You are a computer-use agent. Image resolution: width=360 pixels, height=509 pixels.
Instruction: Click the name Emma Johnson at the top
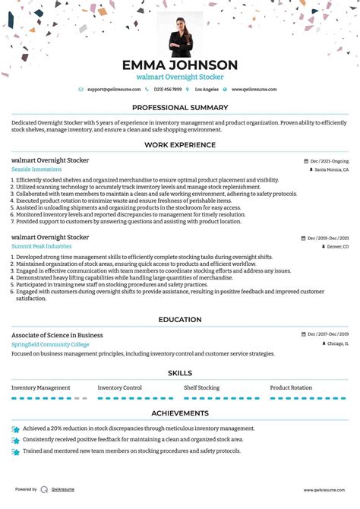(180, 65)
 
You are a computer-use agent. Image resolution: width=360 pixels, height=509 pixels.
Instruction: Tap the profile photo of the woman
(180, 34)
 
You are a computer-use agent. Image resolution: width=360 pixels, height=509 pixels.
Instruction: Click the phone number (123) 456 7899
(167, 90)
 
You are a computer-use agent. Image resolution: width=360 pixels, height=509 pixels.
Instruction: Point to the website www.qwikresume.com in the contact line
(254, 90)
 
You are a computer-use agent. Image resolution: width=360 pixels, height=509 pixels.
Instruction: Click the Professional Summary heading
(180, 108)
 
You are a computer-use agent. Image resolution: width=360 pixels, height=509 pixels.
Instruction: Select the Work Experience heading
(180, 145)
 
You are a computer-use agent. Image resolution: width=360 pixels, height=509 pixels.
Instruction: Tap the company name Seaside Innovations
(36, 169)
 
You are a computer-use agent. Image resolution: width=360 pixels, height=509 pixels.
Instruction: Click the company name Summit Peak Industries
(42, 246)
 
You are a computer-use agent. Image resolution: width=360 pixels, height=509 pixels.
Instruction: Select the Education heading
(180, 320)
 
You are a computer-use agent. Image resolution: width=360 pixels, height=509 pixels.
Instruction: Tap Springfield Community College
(50, 344)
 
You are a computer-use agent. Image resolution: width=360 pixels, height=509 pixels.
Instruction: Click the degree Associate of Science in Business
(57, 335)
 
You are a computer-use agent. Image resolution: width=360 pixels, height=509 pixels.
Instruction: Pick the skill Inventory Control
(120, 387)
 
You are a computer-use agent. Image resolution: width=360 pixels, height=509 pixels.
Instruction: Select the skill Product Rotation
(291, 387)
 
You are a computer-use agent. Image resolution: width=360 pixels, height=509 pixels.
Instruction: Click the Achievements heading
(180, 413)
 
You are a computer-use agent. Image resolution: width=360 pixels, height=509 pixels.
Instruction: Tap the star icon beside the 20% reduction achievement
(16, 429)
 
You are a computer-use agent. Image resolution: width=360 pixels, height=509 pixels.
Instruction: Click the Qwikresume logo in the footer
(44, 489)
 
